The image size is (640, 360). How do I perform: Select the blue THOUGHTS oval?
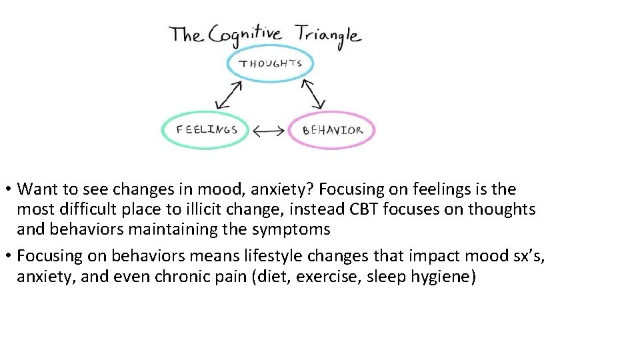click(270, 65)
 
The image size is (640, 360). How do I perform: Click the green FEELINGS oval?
click(206, 129)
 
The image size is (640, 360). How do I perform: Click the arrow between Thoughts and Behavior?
click(312, 93)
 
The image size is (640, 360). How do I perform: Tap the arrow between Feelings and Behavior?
click(269, 131)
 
